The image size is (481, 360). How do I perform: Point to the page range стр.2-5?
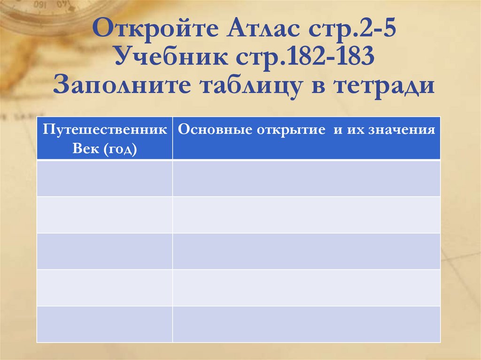pyautogui.click(x=352, y=31)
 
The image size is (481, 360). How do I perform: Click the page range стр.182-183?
pyautogui.click(x=310, y=58)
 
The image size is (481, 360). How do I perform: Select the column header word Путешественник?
pyautogui.click(x=105, y=130)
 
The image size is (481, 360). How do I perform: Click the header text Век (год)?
pyautogui.click(x=105, y=149)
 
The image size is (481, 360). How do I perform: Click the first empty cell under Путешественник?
pyautogui.click(x=105, y=178)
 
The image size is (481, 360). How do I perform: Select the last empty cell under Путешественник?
pyautogui.click(x=105, y=324)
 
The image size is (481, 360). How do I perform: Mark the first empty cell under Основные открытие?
pyautogui.click(x=306, y=178)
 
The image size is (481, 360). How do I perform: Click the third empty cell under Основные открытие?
pyautogui.click(x=306, y=251)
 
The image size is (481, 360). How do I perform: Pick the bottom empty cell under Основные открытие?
pyautogui.click(x=306, y=324)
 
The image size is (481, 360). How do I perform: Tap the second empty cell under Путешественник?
pyautogui.click(x=105, y=214)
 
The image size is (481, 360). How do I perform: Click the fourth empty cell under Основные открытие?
pyautogui.click(x=306, y=288)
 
